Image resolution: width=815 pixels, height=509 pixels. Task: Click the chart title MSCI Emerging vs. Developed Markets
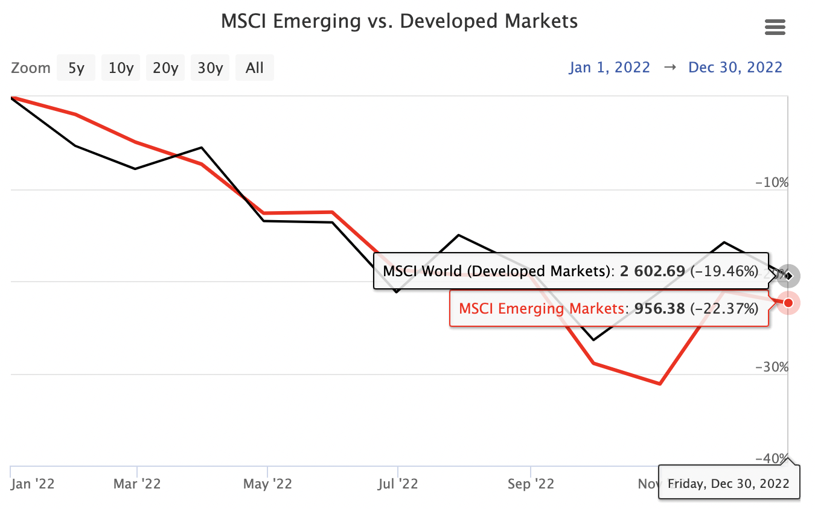tap(399, 21)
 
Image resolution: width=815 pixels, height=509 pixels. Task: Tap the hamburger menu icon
tap(775, 27)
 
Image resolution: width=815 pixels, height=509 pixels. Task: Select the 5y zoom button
tap(76, 68)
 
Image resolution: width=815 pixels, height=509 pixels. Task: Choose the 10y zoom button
tap(121, 68)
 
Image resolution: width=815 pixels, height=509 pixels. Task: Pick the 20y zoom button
tap(165, 68)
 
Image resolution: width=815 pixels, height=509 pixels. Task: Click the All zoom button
tap(255, 68)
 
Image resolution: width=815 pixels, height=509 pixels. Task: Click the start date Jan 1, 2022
tap(609, 68)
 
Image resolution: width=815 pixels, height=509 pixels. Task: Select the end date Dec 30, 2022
tap(735, 68)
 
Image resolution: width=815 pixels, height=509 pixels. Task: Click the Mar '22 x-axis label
tap(136, 484)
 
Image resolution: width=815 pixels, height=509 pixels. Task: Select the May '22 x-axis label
tap(267, 484)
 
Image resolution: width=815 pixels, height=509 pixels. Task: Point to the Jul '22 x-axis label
tap(398, 484)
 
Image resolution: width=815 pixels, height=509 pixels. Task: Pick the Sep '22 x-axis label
tap(530, 484)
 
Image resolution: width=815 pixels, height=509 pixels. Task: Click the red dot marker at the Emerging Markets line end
tap(788, 302)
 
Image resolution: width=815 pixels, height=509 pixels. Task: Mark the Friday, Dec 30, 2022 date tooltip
tap(729, 484)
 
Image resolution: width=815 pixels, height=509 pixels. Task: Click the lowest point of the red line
tap(660, 384)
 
